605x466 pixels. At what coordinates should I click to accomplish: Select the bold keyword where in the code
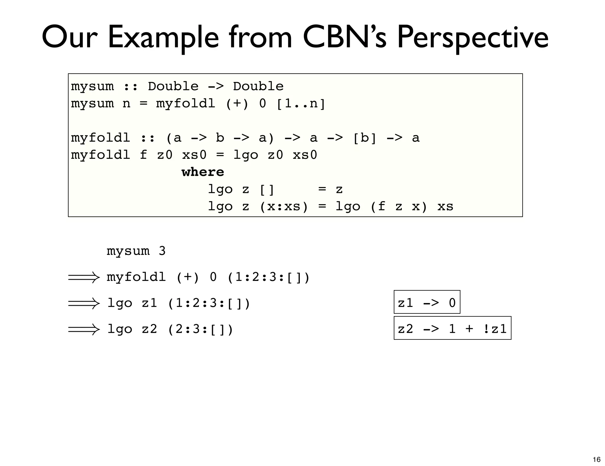coord(203,172)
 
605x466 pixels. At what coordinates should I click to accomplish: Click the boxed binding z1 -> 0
coord(427,302)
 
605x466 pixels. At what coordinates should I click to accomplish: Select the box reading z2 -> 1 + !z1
coord(452,328)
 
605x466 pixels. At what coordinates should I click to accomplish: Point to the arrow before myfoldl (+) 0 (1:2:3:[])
coord(84,277)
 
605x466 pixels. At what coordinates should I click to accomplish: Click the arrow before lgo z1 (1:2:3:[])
coord(84,303)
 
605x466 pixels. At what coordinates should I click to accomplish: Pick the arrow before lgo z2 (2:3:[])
coord(84,329)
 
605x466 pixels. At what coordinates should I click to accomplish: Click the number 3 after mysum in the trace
coord(162,251)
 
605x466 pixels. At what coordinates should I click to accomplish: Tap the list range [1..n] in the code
coord(301,103)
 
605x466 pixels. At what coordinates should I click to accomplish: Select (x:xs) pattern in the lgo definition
coord(284,206)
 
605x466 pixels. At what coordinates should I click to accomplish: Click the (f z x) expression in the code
coord(399,206)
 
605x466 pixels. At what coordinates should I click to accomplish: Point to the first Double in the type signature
coord(173,86)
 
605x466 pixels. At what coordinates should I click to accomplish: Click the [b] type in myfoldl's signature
coord(365,138)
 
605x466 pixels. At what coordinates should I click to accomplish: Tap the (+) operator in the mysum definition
coord(237,103)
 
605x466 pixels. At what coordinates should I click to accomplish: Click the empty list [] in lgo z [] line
coord(267,189)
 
